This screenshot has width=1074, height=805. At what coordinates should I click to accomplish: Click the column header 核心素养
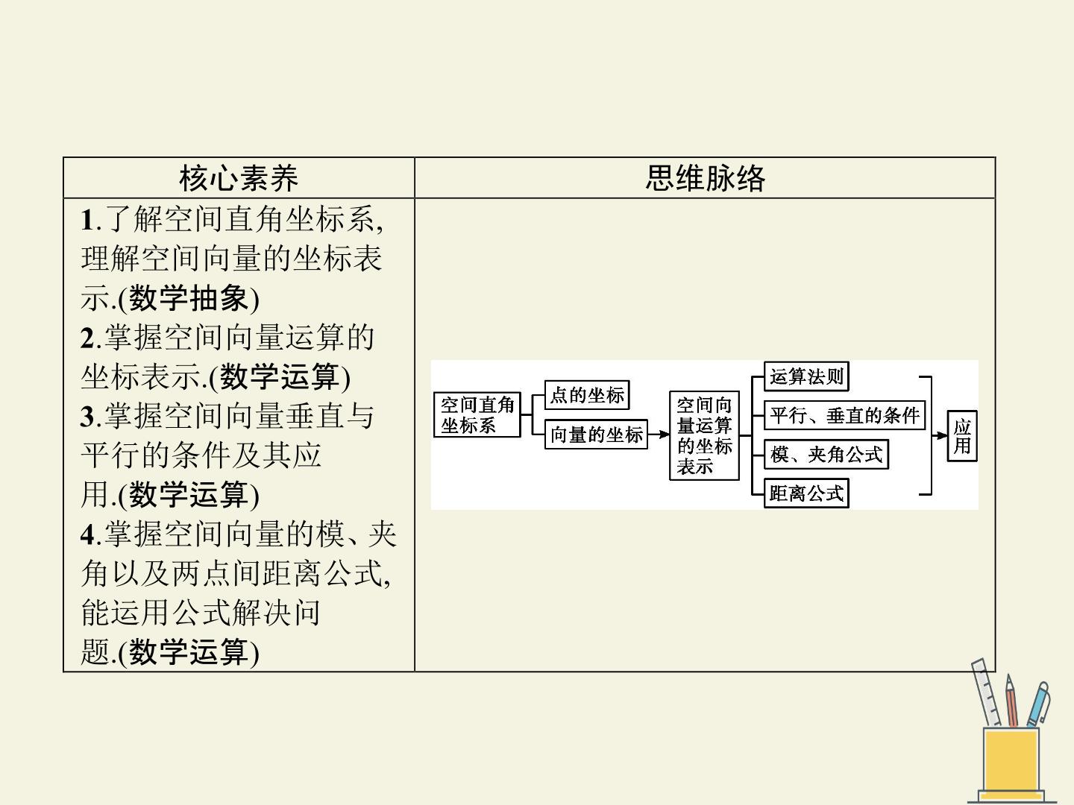[239, 178]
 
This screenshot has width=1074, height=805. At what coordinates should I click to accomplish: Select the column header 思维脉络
[705, 178]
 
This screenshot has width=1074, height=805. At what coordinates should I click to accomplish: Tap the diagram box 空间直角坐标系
[477, 414]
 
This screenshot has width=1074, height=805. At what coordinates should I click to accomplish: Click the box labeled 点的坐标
[587, 395]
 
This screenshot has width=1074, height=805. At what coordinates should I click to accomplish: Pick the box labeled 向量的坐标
[596, 434]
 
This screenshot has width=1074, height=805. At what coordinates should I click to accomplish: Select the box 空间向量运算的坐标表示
[704, 435]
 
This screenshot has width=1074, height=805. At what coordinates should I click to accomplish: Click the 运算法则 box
[806, 376]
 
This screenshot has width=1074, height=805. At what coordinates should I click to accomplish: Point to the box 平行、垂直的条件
[844, 415]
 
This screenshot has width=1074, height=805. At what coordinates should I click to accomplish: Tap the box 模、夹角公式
[826, 455]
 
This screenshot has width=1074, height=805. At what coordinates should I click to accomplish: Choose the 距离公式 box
[806, 493]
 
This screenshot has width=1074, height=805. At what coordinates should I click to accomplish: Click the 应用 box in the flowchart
[962, 436]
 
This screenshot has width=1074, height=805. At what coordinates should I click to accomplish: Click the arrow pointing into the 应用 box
[940, 435]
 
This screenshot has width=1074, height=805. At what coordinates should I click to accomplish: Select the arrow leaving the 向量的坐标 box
[659, 434]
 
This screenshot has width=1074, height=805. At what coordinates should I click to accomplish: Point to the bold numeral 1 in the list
[87, 219]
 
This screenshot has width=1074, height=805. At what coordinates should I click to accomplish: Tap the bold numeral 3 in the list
[87, 417]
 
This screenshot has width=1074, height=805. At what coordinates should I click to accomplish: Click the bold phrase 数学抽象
[189, 298]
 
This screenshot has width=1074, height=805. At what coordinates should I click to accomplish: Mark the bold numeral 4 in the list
[87, 534]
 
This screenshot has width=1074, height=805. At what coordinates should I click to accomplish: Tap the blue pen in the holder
[1038, 704]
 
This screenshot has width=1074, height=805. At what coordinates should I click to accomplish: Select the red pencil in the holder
[1011, 701]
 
